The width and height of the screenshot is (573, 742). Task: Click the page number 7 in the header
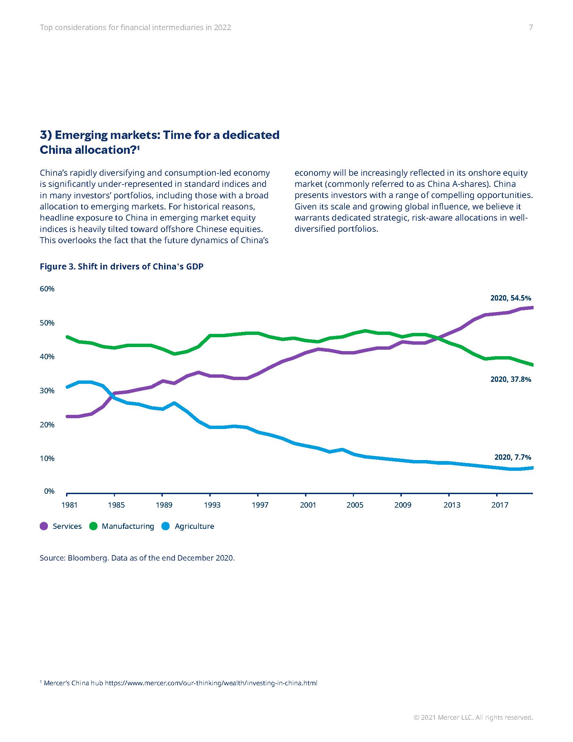[531, 28]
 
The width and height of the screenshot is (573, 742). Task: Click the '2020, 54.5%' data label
[511, 298]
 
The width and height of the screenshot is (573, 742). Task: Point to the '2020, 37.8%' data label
[511, 379]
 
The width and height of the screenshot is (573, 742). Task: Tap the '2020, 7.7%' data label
[513, 457]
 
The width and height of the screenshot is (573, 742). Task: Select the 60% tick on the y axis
[47, 289]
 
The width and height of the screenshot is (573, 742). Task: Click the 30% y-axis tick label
[47, 391]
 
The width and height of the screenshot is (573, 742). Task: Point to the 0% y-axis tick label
[49, 491]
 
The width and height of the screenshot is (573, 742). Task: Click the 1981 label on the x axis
[69, 505]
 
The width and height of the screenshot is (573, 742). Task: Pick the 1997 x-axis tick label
[260, 505]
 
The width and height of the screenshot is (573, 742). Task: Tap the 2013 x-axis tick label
[452, 505]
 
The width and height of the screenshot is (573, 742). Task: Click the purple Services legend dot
[44, 526]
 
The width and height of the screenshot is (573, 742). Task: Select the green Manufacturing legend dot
[93, 526]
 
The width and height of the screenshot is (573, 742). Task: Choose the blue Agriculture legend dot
[165, 526]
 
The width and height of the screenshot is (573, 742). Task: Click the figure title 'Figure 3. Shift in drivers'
[122, 266]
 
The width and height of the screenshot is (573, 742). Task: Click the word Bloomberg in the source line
[87, 558]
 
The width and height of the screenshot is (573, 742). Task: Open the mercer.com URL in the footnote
[211, 683]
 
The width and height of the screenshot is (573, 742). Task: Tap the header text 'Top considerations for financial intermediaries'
[135, 28]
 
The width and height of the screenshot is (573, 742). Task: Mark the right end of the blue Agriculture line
[532, 468]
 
